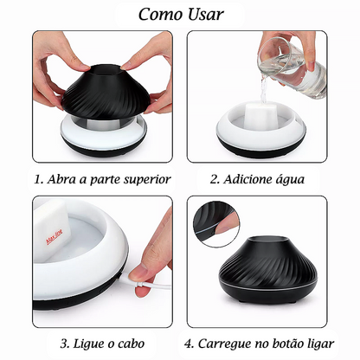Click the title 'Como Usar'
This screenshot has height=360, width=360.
(180, 15)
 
